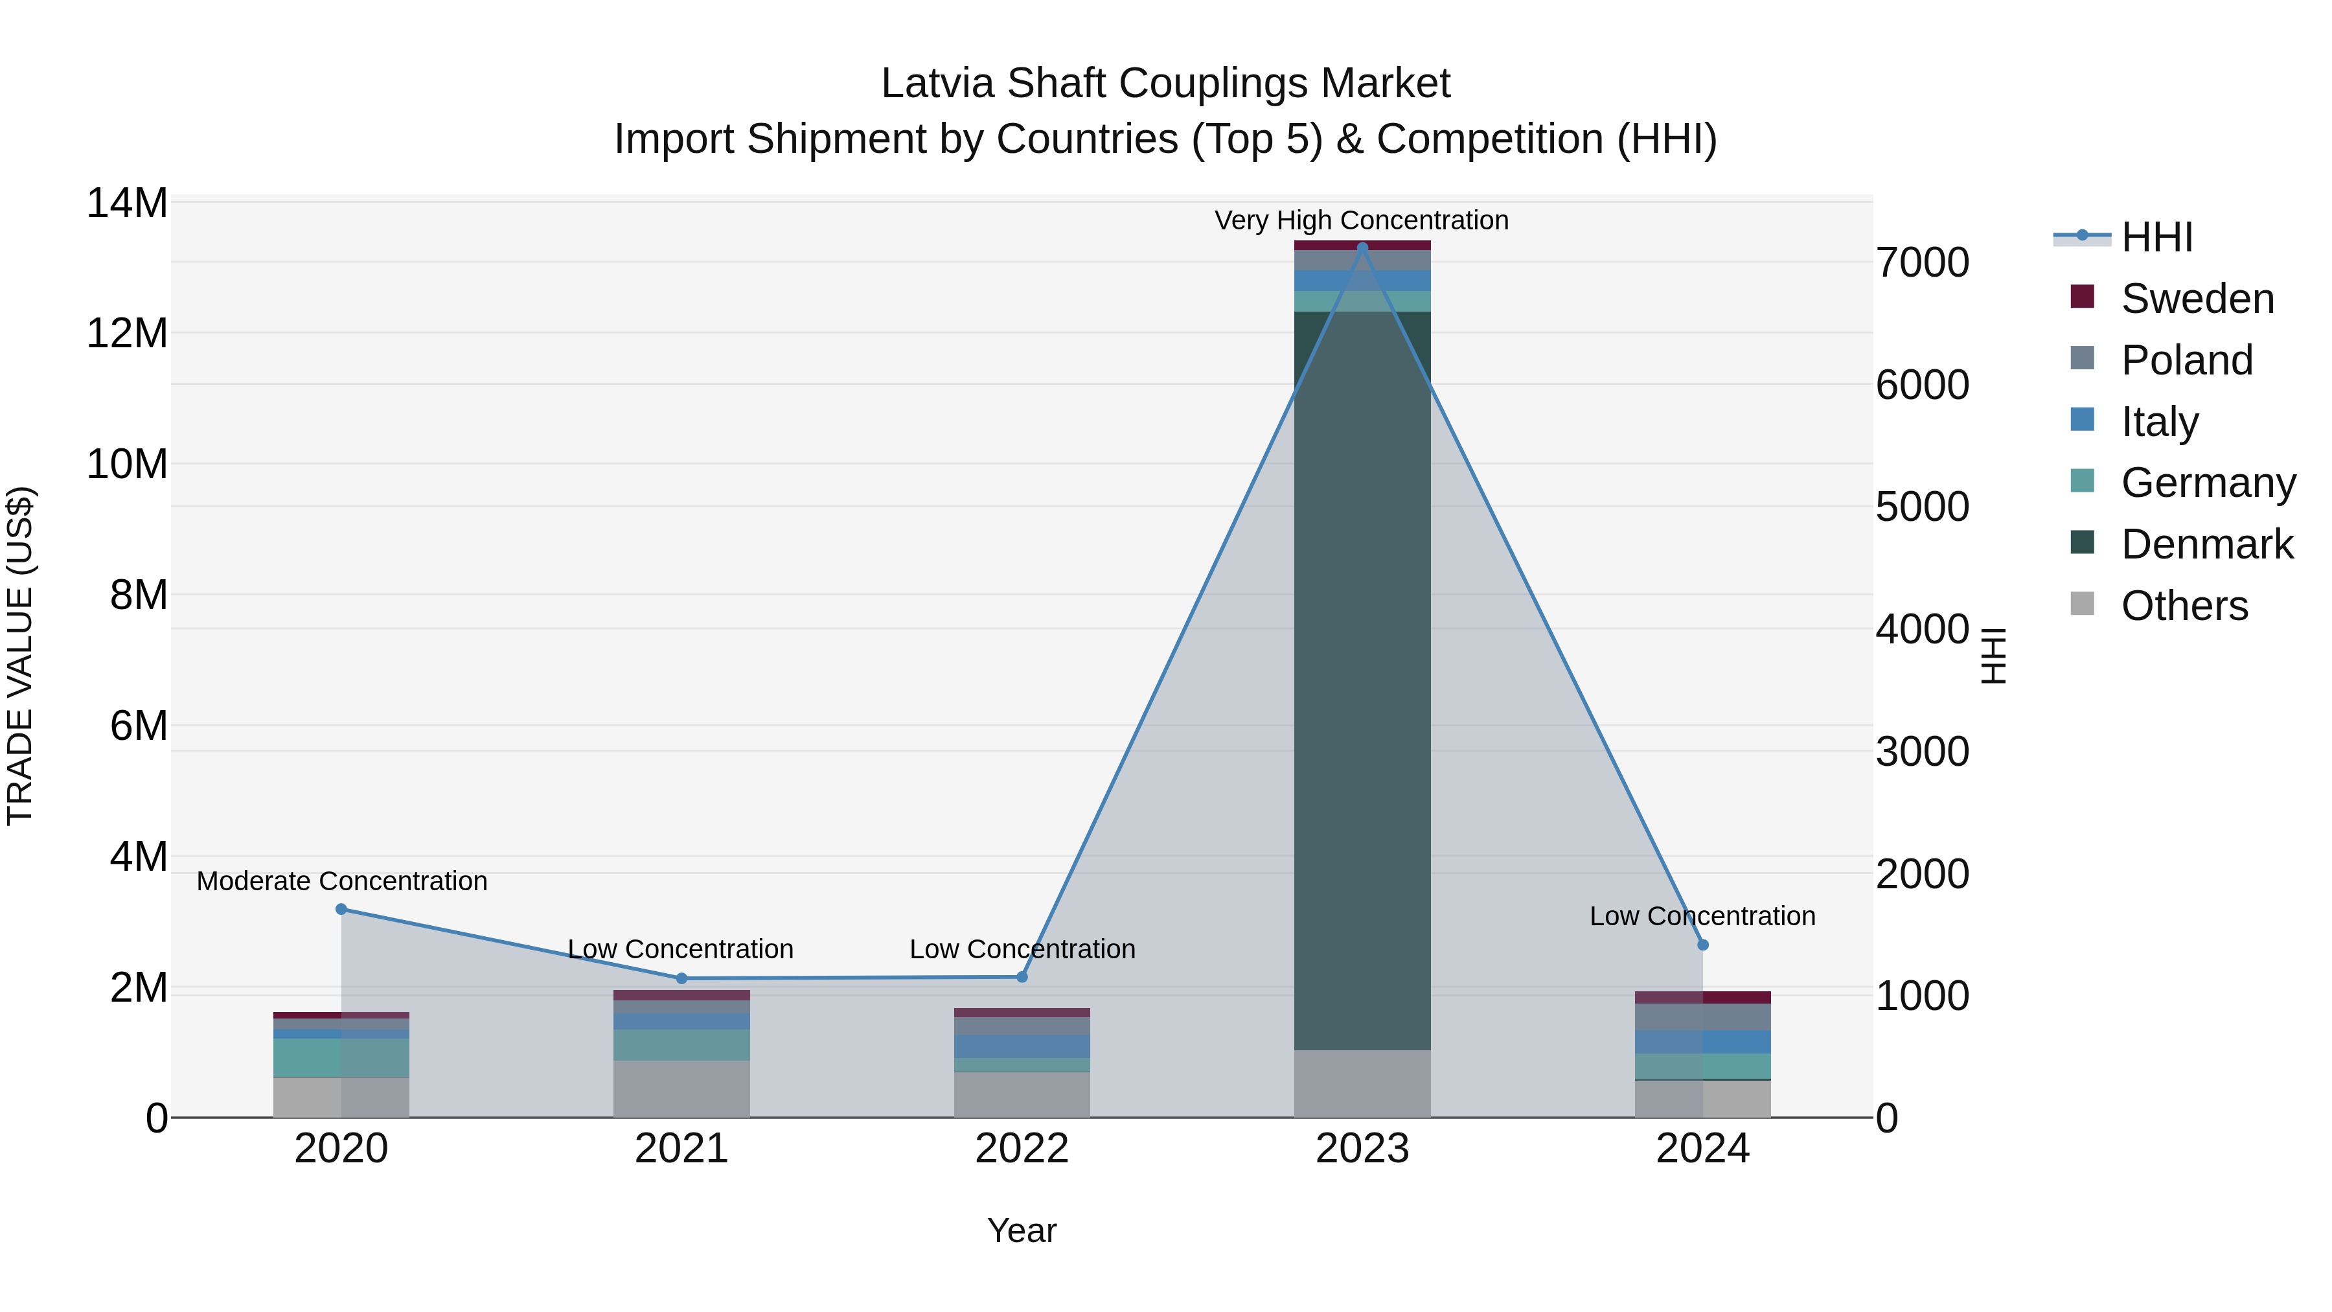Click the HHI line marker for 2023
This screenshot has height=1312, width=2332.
[1362, 247]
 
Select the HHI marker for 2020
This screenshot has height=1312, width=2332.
[341, 909]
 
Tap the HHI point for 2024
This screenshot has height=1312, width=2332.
[1703, 945]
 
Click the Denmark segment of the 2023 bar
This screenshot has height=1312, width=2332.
[1362, 679]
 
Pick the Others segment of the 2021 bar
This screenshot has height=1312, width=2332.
[681, 1088]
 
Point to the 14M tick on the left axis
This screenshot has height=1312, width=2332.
[127, 203]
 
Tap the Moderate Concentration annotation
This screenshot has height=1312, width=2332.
[341, 881]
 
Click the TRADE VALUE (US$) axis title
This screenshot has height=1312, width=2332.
[20, 656]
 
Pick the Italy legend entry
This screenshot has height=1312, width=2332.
[2159, 422]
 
